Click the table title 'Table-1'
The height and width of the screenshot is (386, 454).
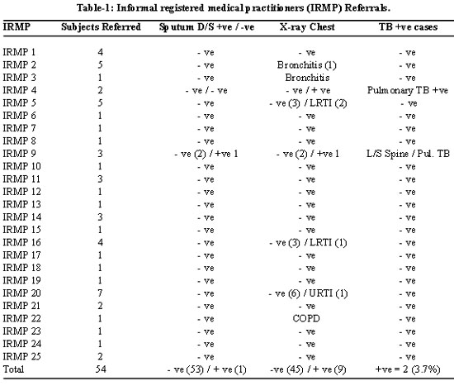93,7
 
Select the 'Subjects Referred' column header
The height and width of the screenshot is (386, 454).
101,27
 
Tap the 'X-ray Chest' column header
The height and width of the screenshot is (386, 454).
307,27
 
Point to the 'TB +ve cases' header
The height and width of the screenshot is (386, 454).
408,27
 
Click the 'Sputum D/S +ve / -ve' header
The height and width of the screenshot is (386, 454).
206,27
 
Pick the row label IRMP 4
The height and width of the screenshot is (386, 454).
20,90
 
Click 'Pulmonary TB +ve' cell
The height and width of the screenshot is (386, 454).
408,90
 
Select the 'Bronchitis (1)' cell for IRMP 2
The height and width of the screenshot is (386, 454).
306,65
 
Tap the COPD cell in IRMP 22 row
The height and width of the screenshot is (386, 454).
306,318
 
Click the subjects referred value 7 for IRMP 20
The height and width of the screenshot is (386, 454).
100,293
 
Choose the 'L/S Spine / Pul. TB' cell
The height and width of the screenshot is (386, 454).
408,154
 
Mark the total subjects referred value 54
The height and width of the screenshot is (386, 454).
101,369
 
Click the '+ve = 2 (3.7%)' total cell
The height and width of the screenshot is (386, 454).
408,369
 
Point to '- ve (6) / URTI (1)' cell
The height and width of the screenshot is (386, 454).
308,293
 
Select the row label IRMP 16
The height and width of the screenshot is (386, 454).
21,242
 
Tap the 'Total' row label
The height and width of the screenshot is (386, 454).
13,369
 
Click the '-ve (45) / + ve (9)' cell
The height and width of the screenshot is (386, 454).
308,369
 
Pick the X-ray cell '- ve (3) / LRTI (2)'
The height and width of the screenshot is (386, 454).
308,103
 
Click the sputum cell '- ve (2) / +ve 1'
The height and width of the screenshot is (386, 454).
206,154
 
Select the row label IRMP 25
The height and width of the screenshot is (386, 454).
21,356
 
